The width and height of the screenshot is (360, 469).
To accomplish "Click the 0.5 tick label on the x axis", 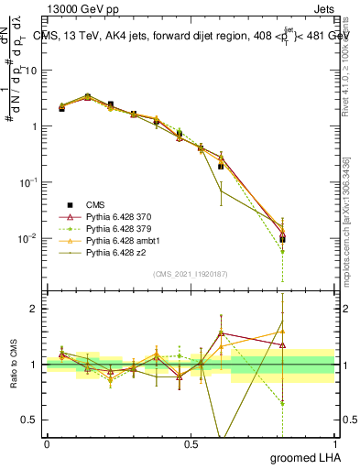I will pyautogui.click(x=191, y=443).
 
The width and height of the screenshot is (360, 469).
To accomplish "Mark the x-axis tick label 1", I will pyautogui.click(x=333, y=443).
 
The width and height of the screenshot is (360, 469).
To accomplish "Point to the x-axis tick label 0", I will pyautogui.click(x=47, y=443).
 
